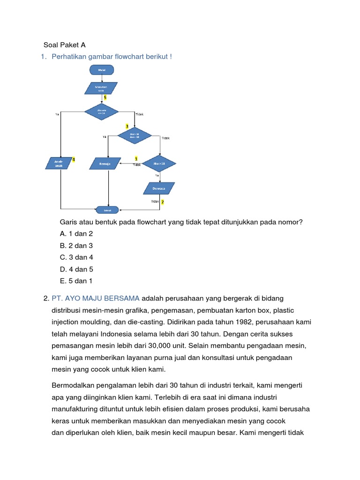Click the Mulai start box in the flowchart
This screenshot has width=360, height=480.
pyautogui.click(x=102, y=70)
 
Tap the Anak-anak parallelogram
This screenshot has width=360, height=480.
pyautogui.click(x=59, y=163)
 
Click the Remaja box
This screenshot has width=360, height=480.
pyautogui.click(x=105, y=164)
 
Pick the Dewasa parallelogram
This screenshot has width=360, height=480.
pyautogui.click(x=159, y=188)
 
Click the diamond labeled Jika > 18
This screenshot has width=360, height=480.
pyautogui.click(x=159, y=164)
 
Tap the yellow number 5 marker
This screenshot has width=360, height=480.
pyautogui.click(x=105, y=97)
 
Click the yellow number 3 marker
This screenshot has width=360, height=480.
pyautogui.click(x=127, y=127)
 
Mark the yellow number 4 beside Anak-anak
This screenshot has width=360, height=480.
pyautogui.click(x=73, y=160)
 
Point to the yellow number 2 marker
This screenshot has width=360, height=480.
pyautogui.click(x=162, y=202)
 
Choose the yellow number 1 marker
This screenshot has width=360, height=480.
pyautogui.click(x=136, y=159)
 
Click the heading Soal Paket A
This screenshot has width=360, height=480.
pyautogui.click(x=65, y=45)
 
